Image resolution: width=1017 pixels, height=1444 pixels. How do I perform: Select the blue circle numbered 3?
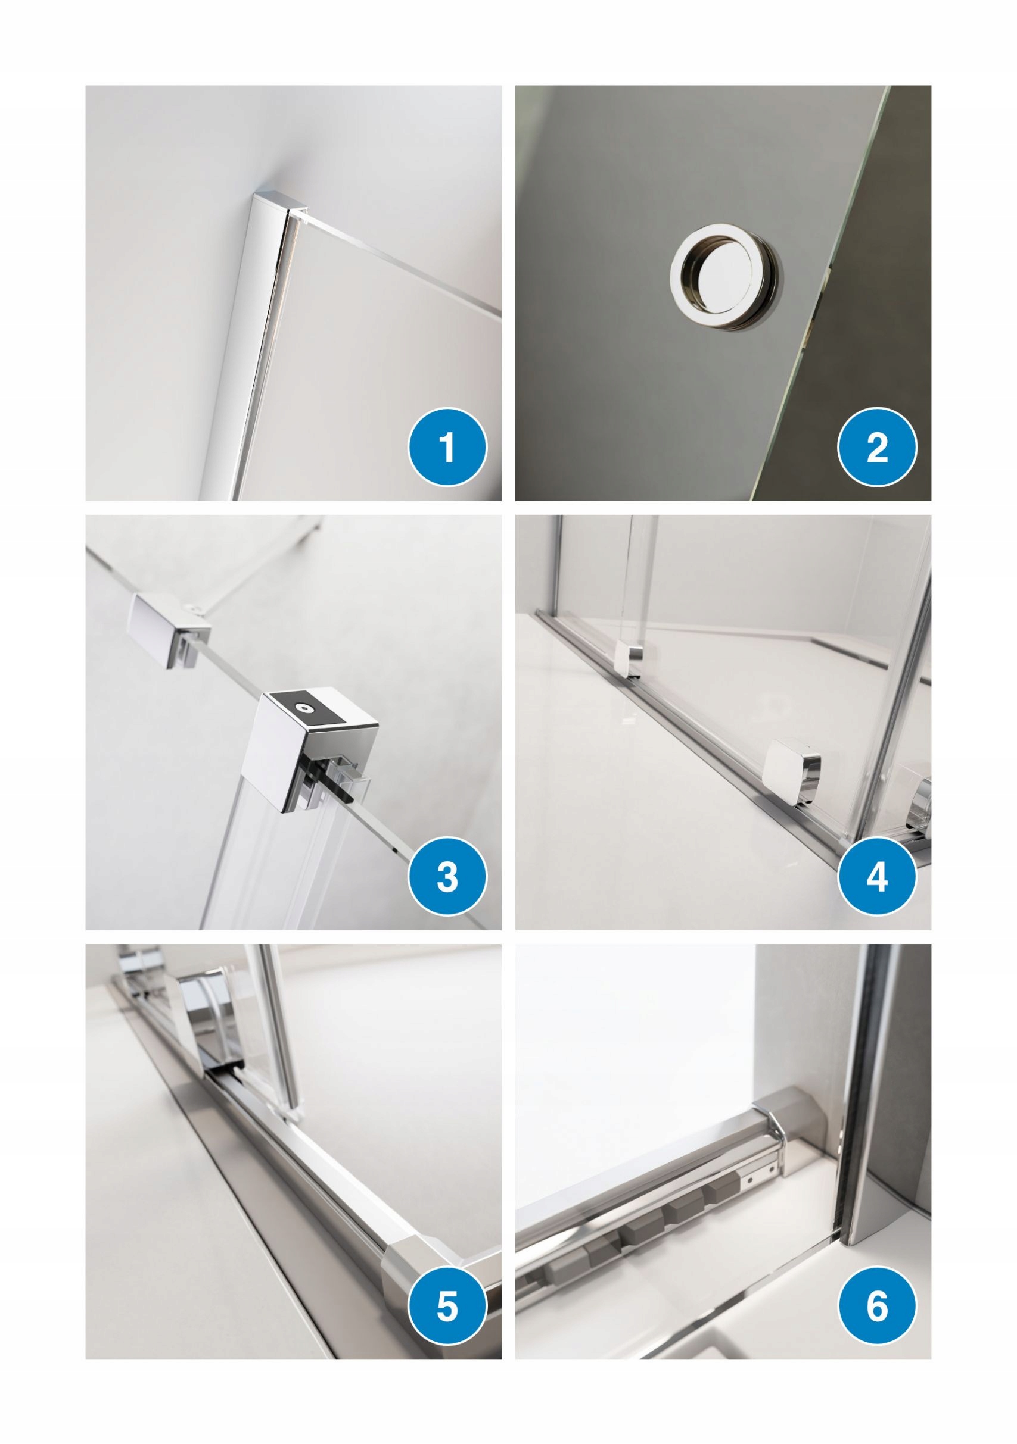[x=447, y=876]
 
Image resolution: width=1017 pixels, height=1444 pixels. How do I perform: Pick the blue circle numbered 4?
[x=877, y=876]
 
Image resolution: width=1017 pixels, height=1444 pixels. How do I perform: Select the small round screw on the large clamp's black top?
[x=306, y=709]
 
